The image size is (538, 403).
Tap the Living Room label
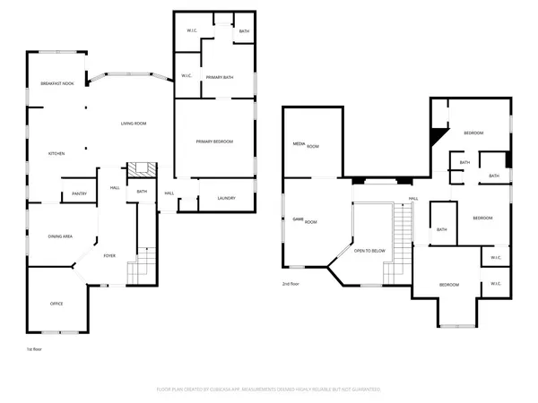(x=134, y=124)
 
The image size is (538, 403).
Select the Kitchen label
(x=56, y=154)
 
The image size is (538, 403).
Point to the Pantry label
(x=78, y=193)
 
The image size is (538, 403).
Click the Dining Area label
(x=60, y=236)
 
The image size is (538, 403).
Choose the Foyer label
(x=109, y=255)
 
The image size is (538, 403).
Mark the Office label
(x=56, y=304)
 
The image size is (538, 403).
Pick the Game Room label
(x=299, y=219)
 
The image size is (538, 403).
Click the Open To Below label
(x=370, y=251)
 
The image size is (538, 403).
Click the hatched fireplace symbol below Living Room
(x=139, y=170)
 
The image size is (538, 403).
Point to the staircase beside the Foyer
(x=139, y=265)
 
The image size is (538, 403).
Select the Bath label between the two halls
(x=142, y=191)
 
